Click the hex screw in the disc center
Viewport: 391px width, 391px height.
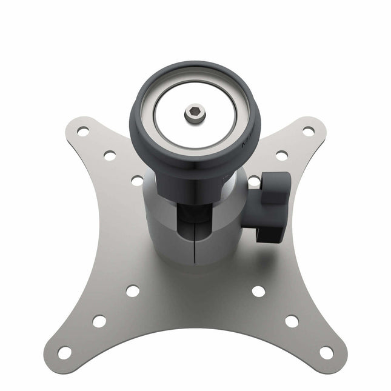(195, 113)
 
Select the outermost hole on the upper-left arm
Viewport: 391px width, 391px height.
(83, 130)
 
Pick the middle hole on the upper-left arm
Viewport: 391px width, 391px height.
(110, 155)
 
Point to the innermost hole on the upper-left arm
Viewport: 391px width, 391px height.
(137, 180)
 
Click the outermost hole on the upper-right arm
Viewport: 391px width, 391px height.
(309, 130)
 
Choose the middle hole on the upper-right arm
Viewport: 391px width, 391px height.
(282, 155)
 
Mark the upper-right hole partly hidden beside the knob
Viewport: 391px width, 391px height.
(255, 181)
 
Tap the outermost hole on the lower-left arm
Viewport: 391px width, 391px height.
(64, 352)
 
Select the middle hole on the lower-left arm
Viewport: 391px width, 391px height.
(99, 321)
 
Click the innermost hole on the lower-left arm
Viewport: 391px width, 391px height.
(132, 291)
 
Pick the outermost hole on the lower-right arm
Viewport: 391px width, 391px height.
(326, 352)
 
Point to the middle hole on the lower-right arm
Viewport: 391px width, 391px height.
(292, 321)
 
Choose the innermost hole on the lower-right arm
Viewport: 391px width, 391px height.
(258, 291)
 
